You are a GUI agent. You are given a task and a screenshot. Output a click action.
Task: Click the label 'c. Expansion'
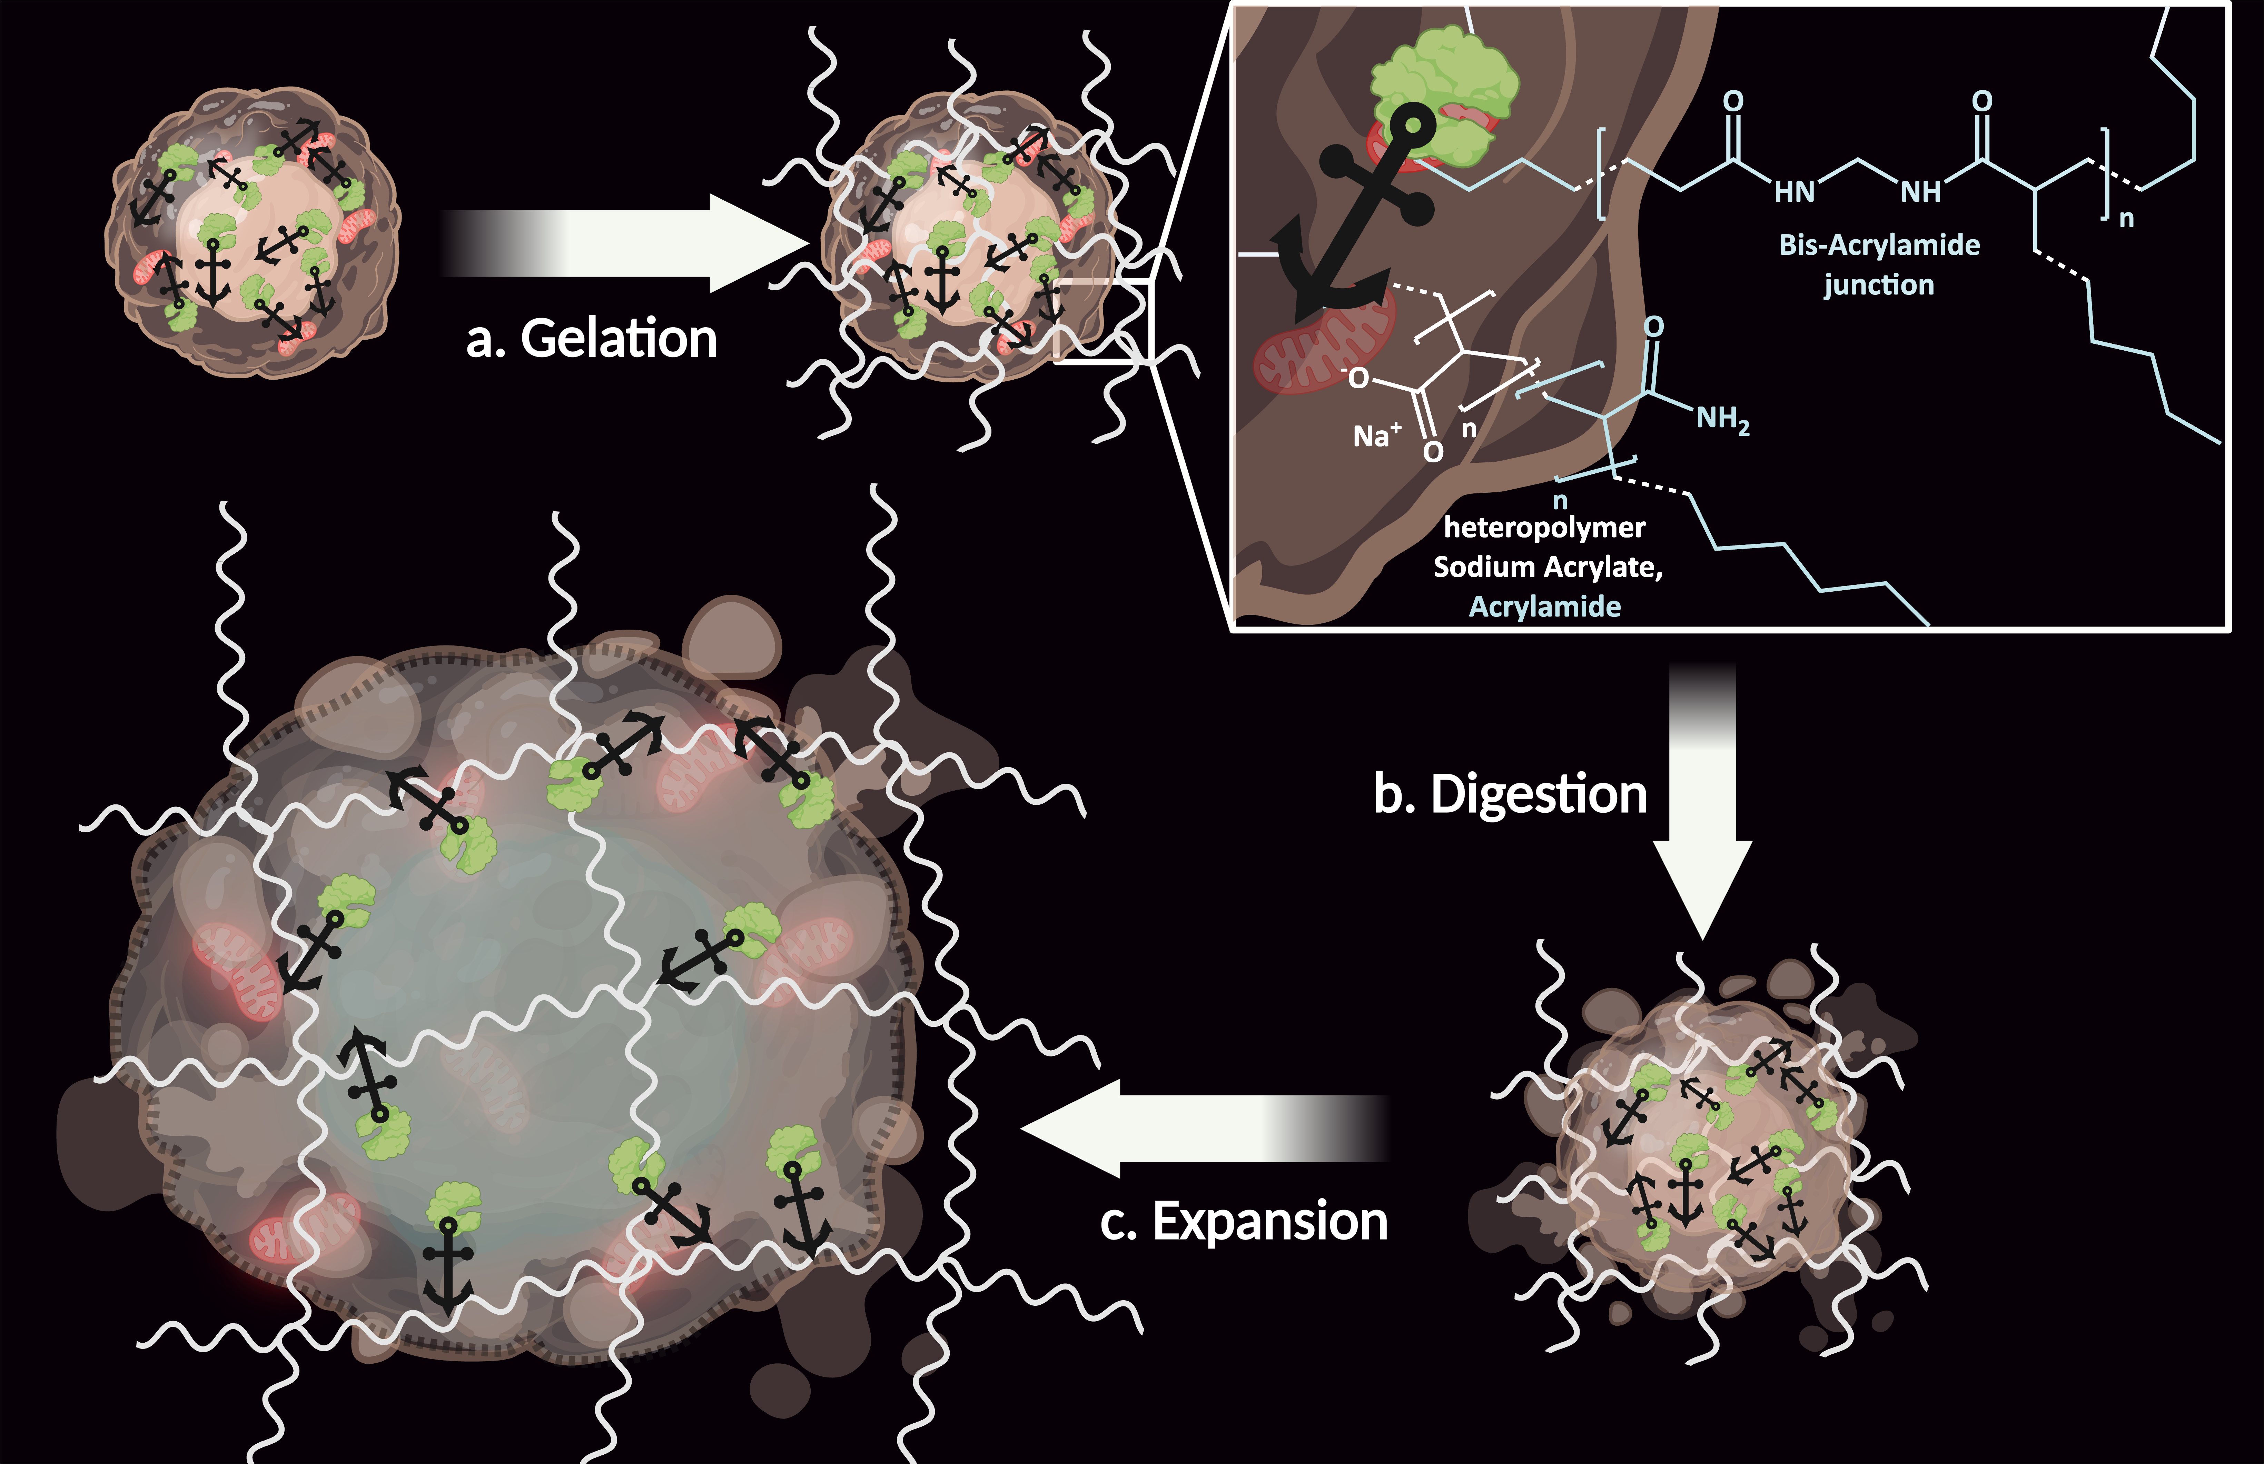click(1244, 1222)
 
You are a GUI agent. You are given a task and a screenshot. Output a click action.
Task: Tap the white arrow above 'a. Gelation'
click(623, 243)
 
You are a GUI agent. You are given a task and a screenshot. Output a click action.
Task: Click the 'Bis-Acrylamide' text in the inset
click(1879, 245)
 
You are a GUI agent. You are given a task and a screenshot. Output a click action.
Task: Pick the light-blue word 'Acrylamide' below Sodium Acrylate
click(1545, 606)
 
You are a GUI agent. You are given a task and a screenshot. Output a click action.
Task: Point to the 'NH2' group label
click(1723, 419)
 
